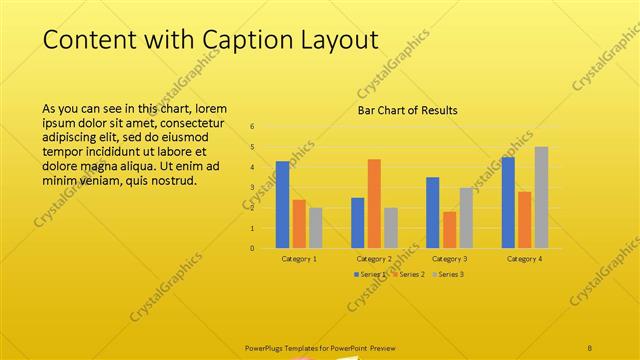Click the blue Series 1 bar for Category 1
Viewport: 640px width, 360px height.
click(x=282, y=205)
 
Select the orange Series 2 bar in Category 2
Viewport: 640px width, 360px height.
click(x=374, y=204)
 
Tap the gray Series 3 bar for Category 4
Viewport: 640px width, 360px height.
click(x=541, y=197)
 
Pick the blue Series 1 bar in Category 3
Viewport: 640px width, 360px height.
click(x=432, y=212)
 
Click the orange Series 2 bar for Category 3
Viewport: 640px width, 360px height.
click(x=449, y=230)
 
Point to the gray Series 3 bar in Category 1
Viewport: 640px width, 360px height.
click(x=316, y=228)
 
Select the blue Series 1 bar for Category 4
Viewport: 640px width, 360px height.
click(x=508, y=202)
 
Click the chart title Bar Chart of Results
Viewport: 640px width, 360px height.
click(x=408, y=110)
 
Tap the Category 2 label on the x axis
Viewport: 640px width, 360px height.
click(x=374, y=258)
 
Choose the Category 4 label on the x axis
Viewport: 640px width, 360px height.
click(x=524, y=258)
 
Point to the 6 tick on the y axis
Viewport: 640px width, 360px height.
click(x=252, y=127)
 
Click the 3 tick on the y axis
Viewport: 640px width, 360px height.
click(x=252, y=187)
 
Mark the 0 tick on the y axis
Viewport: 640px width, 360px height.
click(x=252, y=248)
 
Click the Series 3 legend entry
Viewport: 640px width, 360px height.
click(x=448, y=274)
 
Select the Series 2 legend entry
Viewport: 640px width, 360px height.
click(x=409, y=274)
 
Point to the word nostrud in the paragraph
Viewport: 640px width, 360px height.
click(x=175, y=181)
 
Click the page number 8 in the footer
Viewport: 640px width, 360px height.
click(x=590, y=347)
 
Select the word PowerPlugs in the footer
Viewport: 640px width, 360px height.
click(x=266, y=347)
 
